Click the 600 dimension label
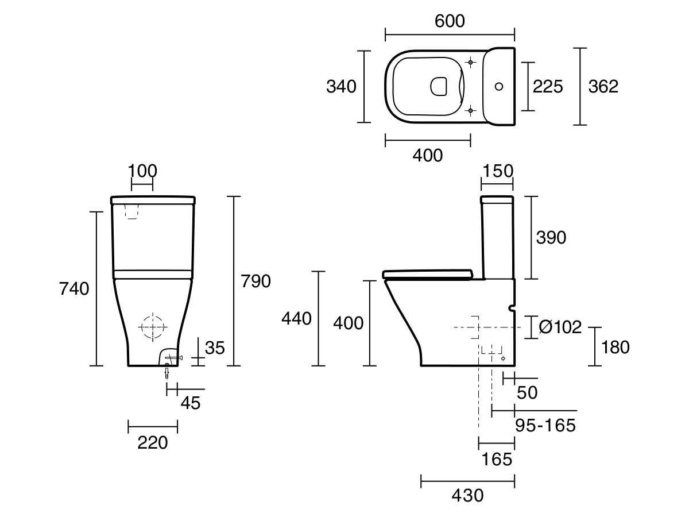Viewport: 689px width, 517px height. (450, 21)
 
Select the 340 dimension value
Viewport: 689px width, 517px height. (341, 87)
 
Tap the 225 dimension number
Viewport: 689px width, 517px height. (548, 87)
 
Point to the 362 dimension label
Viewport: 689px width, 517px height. (603, 87)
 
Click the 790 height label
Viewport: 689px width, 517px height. (255, 281)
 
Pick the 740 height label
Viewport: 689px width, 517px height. (74, 289)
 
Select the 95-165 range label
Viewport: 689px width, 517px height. (545, 426)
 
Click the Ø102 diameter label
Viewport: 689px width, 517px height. (560, 327)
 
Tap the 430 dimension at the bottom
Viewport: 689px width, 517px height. (467, 495)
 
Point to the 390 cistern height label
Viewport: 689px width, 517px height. (551, 237)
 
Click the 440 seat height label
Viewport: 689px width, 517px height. (296, 319)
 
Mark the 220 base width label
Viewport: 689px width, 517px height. (152, 442)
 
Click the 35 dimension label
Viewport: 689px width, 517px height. (215, 348)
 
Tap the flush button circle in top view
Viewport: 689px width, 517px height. (499, 87)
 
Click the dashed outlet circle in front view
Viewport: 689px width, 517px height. (152, 326)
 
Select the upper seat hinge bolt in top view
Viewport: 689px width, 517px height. (470, 62)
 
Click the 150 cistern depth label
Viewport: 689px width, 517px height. (497, 171)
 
